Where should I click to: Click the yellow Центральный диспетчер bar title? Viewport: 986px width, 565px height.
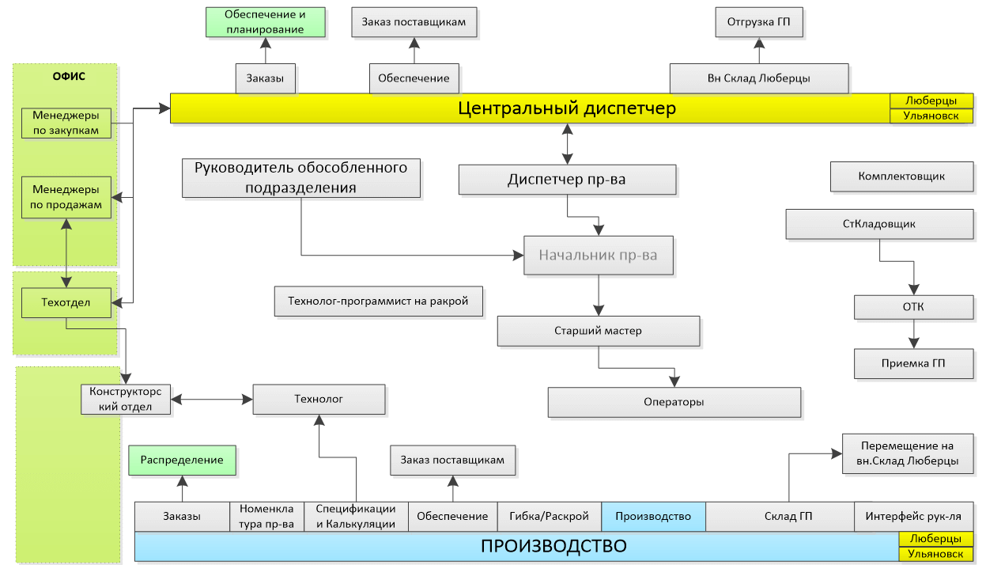tap(567, 108)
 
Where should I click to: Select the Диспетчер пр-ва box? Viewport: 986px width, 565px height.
tap(567, 180)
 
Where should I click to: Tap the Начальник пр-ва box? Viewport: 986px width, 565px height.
tap(598, 256)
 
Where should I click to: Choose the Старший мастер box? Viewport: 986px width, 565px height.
tap(599, 331)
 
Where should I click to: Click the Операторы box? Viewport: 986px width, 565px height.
tap(674, 402)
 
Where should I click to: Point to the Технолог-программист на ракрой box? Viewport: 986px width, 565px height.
tap(378, 301)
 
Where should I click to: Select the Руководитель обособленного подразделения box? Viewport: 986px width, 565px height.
tap(300, 178)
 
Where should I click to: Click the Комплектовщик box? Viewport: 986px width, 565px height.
tap(901, 176)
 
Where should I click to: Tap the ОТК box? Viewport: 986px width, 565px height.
tap(913, 307)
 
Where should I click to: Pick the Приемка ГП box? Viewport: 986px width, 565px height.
tap(913, 364)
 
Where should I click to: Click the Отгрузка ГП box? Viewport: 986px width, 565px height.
tap(759, 22)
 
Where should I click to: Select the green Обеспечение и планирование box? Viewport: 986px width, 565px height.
tap(265, 22)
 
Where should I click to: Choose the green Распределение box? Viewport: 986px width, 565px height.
tap(182, 460)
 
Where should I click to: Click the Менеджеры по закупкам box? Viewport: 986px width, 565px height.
tap(66, 123)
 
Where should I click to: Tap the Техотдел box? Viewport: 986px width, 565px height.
tap(66, 302)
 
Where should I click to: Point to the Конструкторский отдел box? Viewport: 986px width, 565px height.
tap(126, 400)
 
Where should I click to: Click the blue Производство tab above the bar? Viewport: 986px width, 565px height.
tap(653, 517)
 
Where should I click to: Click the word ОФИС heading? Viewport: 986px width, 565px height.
tap(69, 77)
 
